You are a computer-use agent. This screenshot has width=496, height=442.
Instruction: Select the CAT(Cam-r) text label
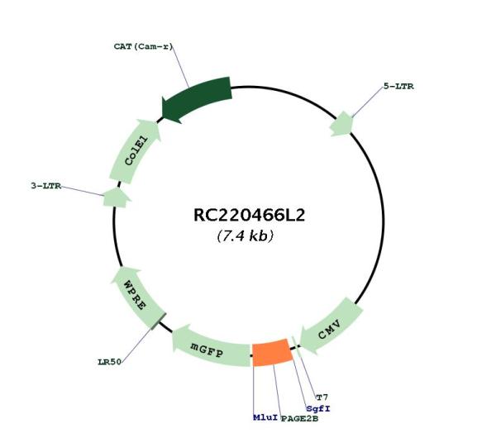tap(144, 47)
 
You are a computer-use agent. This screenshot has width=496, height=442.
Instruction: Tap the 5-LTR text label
tap(398, 86)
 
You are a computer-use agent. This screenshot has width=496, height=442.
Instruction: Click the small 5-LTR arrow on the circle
tap(341, 124)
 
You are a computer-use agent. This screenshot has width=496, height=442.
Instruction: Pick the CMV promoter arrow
tap(331, 325)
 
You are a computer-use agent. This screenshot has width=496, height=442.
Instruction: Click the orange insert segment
tap(272, 353)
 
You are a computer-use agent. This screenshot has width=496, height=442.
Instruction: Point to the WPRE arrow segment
tap(137, 297)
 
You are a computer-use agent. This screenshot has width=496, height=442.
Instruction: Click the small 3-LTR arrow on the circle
tap(117, 197)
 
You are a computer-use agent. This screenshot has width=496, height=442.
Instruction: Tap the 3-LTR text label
tap(46, 186)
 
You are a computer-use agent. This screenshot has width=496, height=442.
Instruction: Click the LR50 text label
tap(109, 362)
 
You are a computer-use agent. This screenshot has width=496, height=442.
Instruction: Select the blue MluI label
tap(265, 418)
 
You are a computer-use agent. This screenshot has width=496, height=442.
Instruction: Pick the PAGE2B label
tap(299, 419)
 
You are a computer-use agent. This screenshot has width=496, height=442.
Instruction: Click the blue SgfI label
tap(318, 409)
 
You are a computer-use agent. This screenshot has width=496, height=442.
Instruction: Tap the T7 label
tap(322, 397)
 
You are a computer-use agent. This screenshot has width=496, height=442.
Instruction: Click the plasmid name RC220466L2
tap(250, 216)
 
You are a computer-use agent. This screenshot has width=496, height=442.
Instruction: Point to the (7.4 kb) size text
tap(246, 235)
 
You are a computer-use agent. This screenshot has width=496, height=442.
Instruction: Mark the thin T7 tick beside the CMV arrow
tap(296, 345)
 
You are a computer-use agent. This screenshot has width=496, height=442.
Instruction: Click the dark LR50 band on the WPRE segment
tap(158, 321)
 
